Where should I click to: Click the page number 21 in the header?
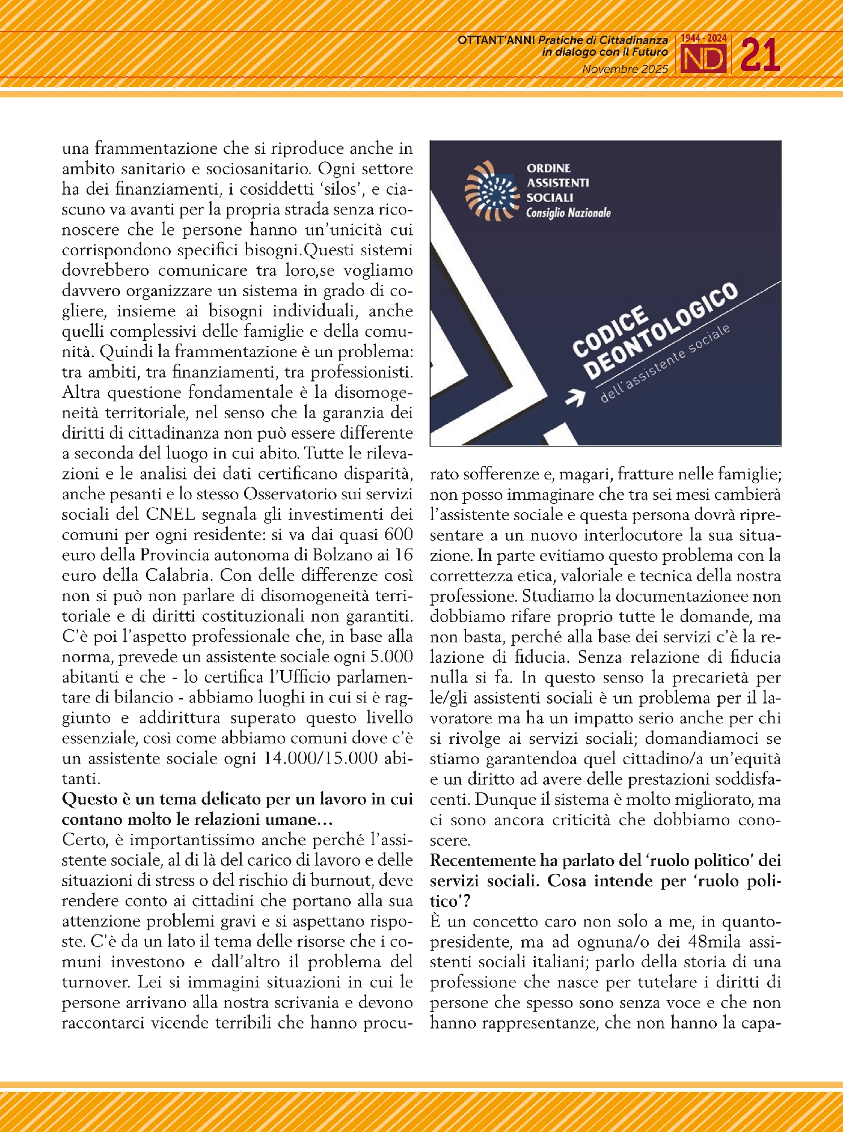tap(760, 55)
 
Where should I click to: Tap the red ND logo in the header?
tap(703, 59)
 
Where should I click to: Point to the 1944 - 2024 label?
tap(703, 38)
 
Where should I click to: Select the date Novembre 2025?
tap(625, 70)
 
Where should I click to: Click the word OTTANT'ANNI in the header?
tap(496, 40)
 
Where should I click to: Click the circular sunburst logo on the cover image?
tap(492, 190)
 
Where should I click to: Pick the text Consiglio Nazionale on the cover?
tap(568, 213)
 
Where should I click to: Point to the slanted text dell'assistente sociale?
tap(665, 364)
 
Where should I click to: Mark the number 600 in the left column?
tap(398, 535)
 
